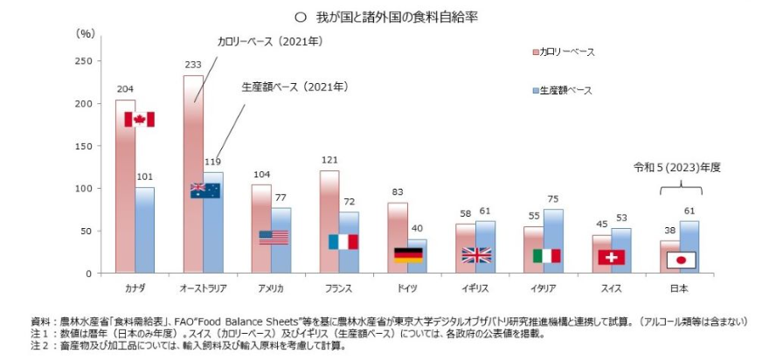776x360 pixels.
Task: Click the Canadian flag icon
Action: [139, 119]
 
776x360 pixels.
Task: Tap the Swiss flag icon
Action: [612, 257]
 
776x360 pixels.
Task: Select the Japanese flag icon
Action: [680, 260]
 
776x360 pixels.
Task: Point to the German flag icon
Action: [408, 254]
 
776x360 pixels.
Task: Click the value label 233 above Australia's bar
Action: [192, 65]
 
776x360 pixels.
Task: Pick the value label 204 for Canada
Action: [125, 89]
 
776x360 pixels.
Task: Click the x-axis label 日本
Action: [678, 287]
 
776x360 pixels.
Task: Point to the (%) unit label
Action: [86, 33]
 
